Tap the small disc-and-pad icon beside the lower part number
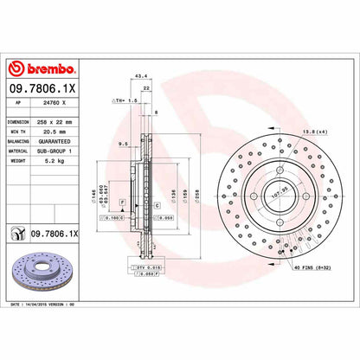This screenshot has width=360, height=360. [x=17, y=234]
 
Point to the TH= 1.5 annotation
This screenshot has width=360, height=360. [x=126, y=101]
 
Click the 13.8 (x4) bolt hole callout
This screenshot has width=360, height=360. [x=311, y=131]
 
